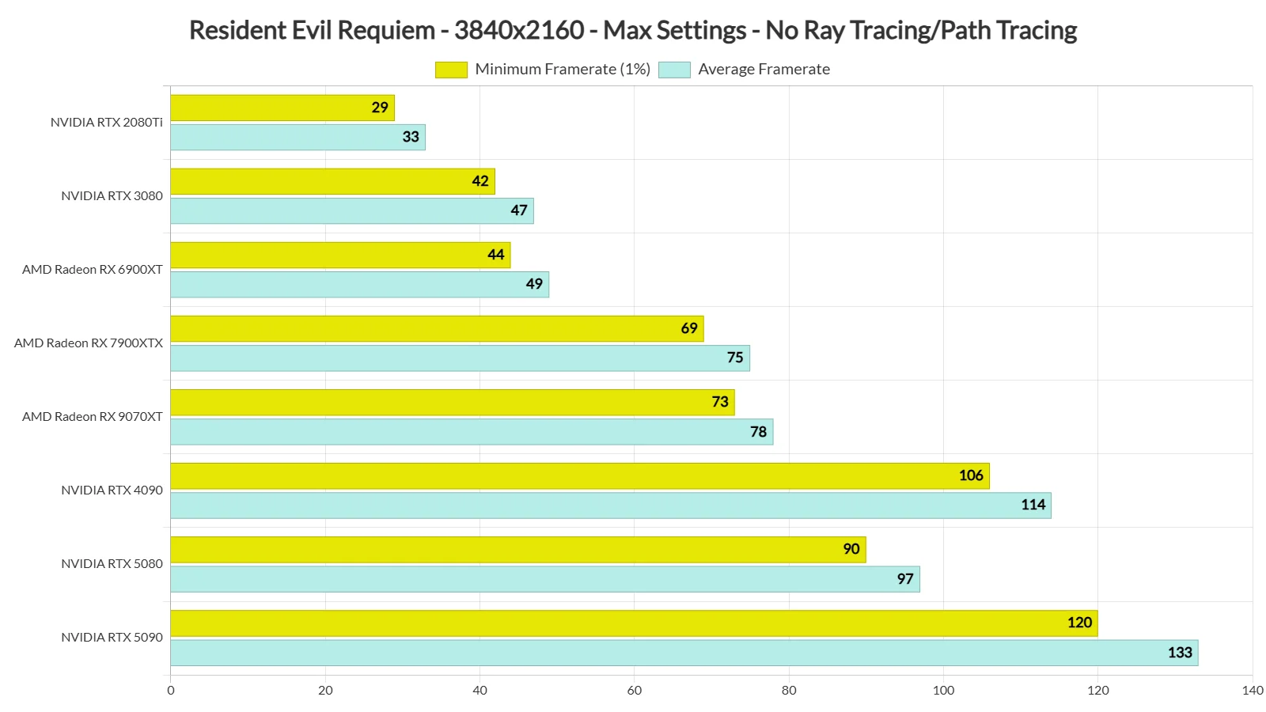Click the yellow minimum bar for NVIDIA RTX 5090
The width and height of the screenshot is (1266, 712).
pos(633,623)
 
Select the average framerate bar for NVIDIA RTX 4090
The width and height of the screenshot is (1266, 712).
pos(609,506)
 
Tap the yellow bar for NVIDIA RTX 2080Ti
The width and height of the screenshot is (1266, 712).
pos(282,108)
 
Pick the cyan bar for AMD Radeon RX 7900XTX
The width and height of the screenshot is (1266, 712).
pos(459,358)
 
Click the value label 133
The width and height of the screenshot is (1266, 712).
pos(1179,653)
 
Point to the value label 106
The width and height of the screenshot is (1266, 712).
pos(970,475)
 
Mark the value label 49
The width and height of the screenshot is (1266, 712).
pos(534,284)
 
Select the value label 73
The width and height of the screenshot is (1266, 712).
pos(719,402)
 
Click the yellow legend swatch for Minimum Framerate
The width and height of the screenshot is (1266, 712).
pos(451,70)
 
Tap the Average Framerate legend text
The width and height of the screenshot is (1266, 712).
pos(764,70)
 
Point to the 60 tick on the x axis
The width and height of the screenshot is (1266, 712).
pos(634,690)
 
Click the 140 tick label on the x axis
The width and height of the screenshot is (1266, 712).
pos(1252,690)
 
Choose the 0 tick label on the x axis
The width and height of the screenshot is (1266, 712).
pos(171,690)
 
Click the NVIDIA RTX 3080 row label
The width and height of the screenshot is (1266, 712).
pos(112,196)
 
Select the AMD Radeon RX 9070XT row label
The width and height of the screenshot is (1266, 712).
pos(92,417)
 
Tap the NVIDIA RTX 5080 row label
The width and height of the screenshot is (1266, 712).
pos(112,564)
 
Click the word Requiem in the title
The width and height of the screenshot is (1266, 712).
pos(386,30)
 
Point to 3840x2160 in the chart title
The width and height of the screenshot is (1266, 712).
pos(518,30)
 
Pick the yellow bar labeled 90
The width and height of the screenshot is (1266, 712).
pos(517,550)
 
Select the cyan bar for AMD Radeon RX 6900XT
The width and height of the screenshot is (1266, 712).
pos(359,285)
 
